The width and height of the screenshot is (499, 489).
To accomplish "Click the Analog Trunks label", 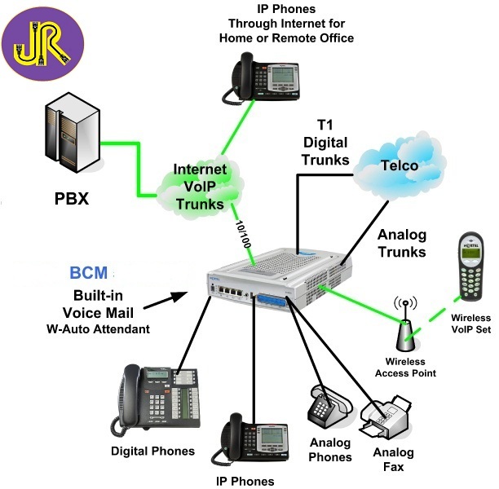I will click(x=402, y=243).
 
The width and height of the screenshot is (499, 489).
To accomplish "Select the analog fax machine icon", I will click(x=391, y=416).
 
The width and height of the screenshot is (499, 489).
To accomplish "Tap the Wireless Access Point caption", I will click(x=406, y=367).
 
